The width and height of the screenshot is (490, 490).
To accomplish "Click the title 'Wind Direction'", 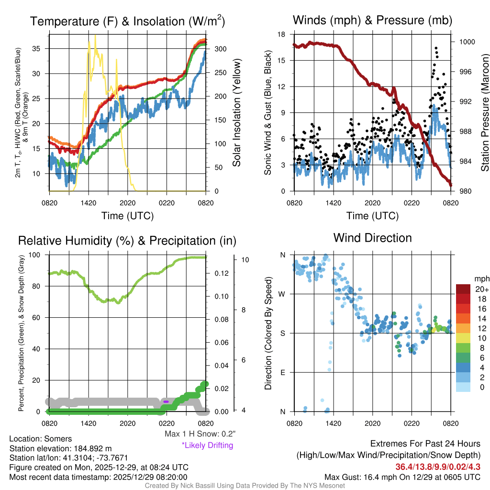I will click(372, 238).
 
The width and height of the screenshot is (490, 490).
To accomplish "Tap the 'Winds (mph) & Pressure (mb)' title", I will click(372, 21).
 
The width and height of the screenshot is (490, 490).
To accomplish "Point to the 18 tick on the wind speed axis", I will click(281, 34).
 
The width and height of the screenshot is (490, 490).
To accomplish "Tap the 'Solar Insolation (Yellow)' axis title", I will click(236, 113).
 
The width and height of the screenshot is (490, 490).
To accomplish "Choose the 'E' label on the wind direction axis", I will click(283, 372).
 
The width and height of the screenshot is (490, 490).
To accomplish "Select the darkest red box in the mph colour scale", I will click(464, 289).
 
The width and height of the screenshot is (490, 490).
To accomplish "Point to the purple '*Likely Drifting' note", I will click(207, 445).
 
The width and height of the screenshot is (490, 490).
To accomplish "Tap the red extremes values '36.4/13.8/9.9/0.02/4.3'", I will click(438, 467).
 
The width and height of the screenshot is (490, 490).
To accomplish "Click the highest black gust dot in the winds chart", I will click(436, 48).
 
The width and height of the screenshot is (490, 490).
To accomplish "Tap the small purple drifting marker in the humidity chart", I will click(166, 401).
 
